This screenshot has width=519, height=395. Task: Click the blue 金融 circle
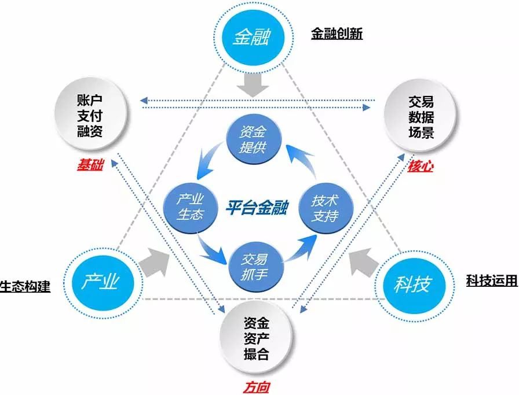click(252, 38)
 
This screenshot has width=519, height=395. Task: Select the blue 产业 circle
click(99, 282)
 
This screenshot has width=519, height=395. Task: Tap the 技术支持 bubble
click(324, 208)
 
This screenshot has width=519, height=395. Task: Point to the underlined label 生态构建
click(25, 286)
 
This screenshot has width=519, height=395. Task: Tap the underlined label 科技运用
click(491, 281)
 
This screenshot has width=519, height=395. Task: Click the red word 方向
click(255, 387)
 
